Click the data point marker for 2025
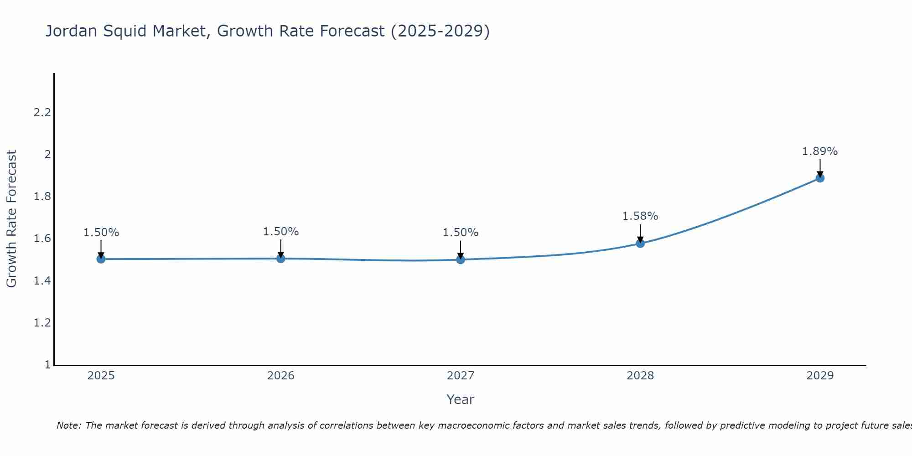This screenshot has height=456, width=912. click(x=101, y=259)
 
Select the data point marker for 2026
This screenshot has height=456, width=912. click(x=281, y=259)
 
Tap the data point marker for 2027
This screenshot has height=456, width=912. click(x=461, y=259)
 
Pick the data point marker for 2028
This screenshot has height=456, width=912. click(x=640, y=243)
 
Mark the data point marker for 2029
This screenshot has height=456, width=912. click(x=820, y=178)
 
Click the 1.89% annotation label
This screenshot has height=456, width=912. click(x=820, y=151)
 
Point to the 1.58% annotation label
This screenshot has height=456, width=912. click(x=640, y=216)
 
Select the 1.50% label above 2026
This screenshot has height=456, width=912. click(x=281, y=232)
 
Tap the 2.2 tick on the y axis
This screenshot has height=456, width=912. click(x=42, y=113)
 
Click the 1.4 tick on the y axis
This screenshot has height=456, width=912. click(x=42, y=281)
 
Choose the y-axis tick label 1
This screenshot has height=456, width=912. click(x=47, y=365)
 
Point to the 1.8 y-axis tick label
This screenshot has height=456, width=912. click(x=42, y=197)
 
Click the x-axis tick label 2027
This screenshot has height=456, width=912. click(x=461, y=376)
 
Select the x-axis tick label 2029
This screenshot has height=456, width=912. click(x=820, y=376)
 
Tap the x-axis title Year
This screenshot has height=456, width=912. click(x=461, y=399)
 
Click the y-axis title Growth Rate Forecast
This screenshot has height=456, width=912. click(x=12, y=219)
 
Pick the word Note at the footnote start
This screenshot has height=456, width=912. click(x=68, y=425)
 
